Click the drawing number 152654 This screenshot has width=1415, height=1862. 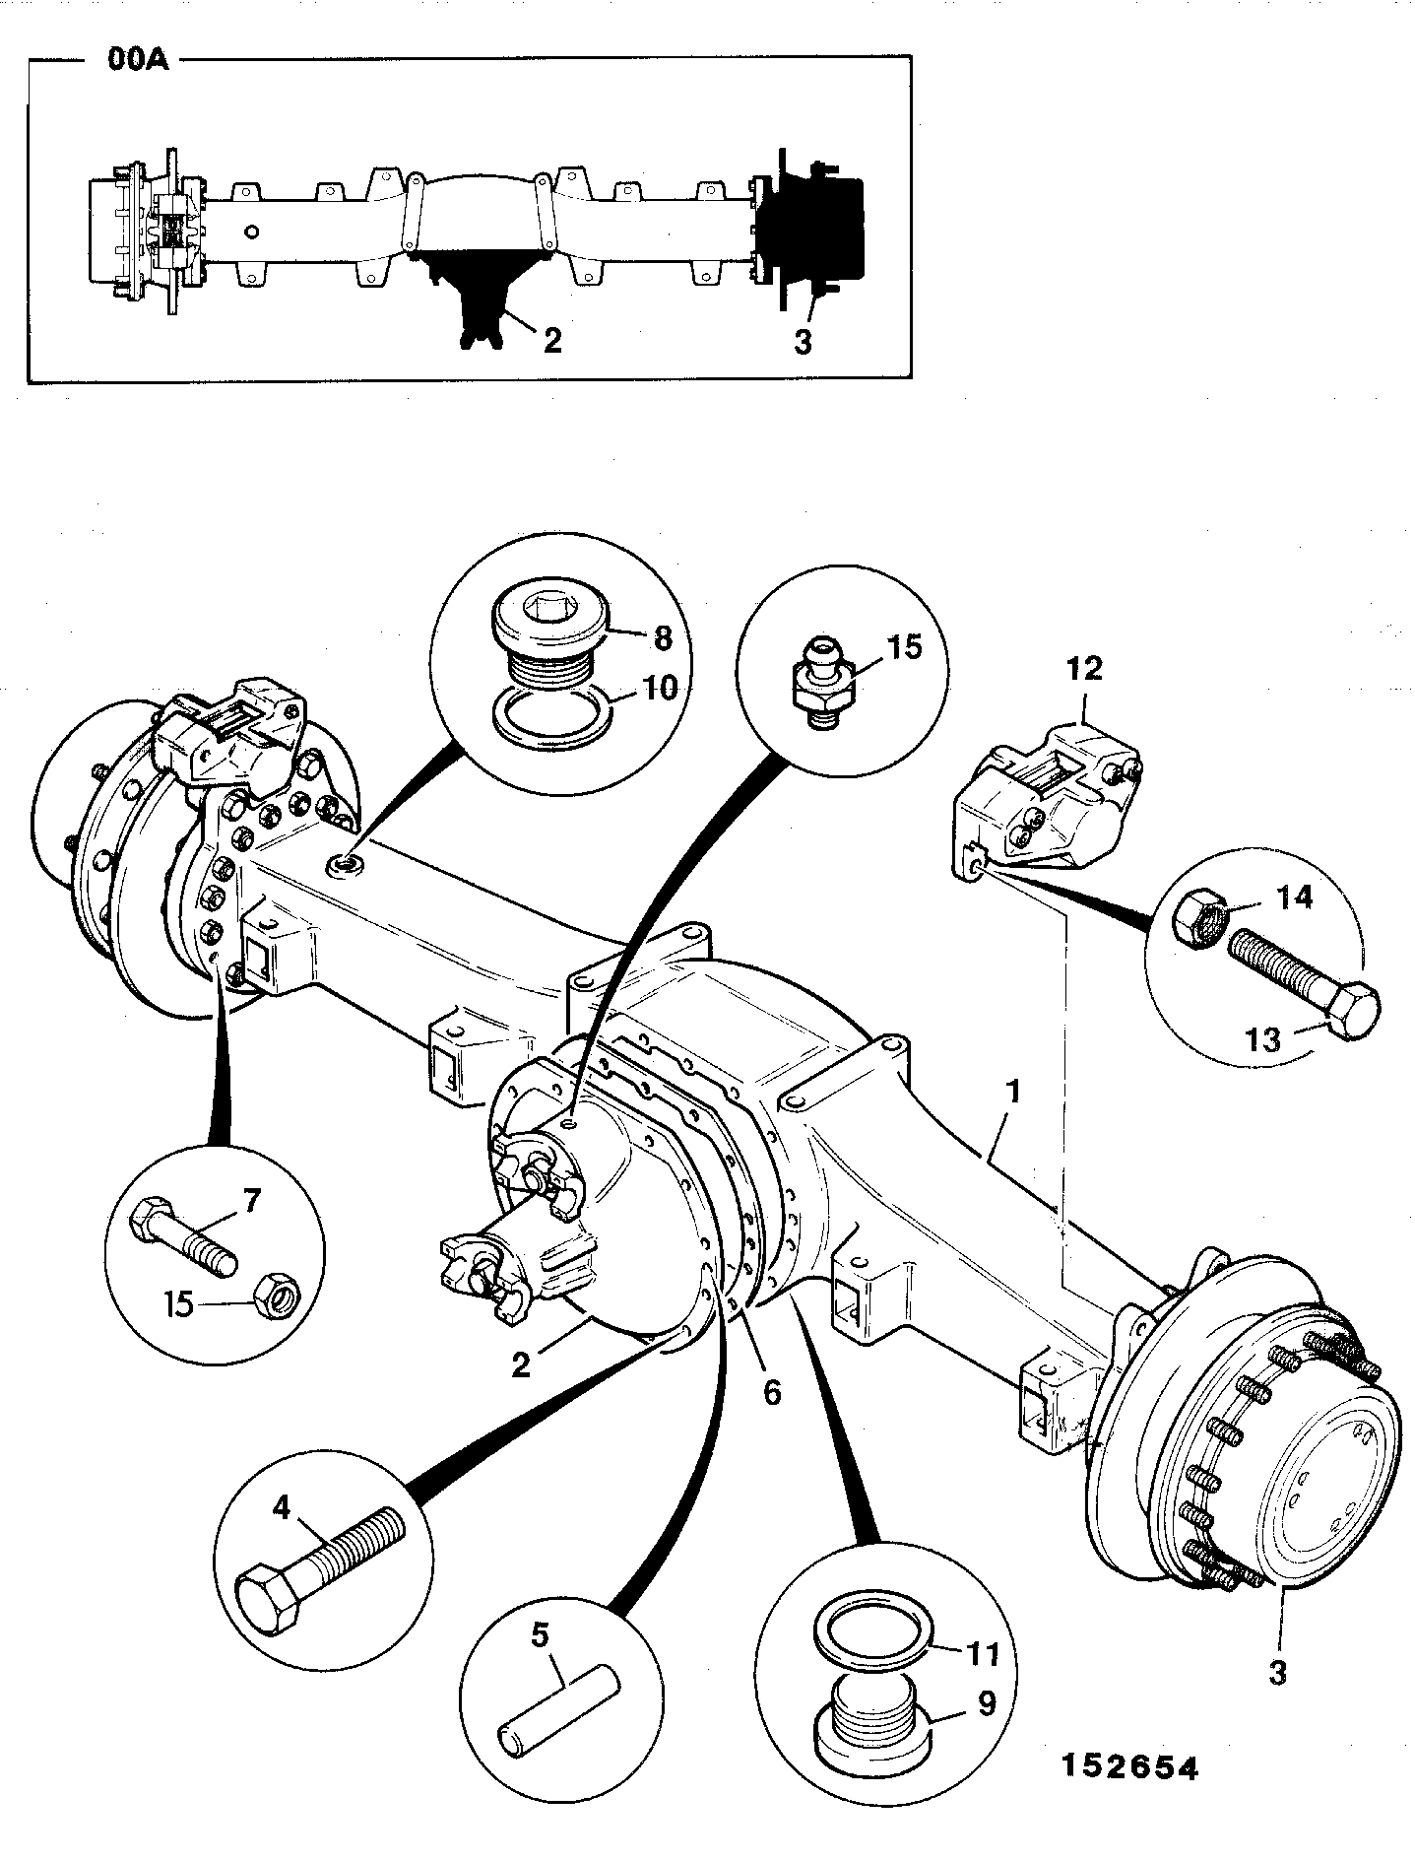(x=1128, y=1768)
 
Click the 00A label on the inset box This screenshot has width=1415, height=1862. (x=136, y=61)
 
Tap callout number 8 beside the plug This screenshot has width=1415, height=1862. (x=663, y=638)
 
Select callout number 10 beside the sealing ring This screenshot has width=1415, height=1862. (x=662, y=688)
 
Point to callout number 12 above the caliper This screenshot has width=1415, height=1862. (x=1084, y=669)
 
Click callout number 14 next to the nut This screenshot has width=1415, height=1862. (x=1293, y=898)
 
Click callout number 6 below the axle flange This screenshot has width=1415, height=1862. (x=772, y=1392)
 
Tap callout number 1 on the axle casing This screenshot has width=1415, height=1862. (x=1013, y=1093)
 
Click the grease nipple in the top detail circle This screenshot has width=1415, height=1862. (x=816, y=682)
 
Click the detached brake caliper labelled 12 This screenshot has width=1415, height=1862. (x=1047, y=798)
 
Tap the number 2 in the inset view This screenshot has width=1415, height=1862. (x=551, y=340)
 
